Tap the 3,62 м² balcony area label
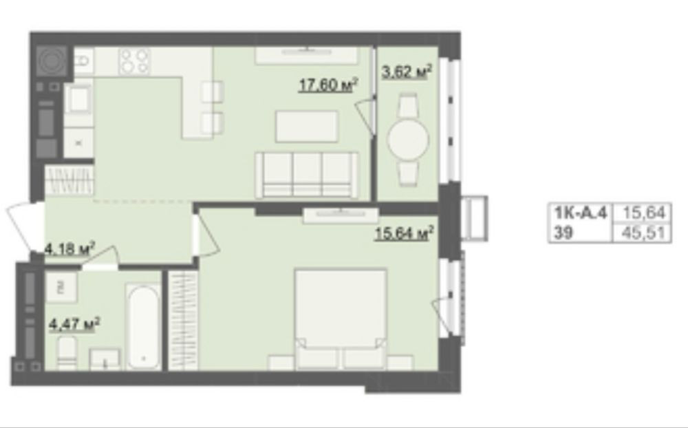407,72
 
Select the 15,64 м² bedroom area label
404,233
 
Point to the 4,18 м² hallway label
70,249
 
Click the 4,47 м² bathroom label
74,325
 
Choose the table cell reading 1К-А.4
580,213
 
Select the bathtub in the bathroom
144,326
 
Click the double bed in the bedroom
341,319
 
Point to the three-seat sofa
307,175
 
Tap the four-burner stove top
135,61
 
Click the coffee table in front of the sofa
307,127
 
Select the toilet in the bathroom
67,353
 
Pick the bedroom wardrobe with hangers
184,321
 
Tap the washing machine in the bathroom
61,288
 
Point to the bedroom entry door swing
206,231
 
